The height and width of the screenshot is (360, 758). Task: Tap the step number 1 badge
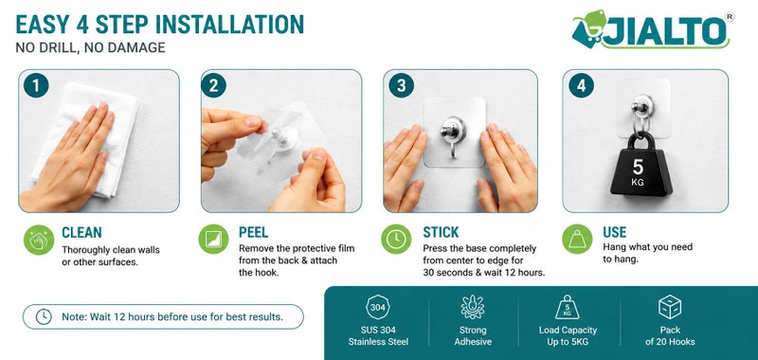click(x=36, y=86)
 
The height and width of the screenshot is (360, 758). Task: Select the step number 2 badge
click(x=214, y=86)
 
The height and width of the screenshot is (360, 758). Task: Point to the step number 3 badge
click(x=401, y=86)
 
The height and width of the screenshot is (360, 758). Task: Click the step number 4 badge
click(x=581, y=86)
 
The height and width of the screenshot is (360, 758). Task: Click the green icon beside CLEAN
click(x=39, y=240)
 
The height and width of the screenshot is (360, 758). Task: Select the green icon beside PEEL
click(x=213, y=239)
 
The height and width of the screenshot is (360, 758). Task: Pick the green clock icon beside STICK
click(x=396, y=239)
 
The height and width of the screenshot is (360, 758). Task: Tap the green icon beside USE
click(x=577, y=239)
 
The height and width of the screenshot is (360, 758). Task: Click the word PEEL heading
click(x=253, y=232)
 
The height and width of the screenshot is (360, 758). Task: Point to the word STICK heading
click(x=441, y=232)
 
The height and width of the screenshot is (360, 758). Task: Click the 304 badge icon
click(x=378, y=307)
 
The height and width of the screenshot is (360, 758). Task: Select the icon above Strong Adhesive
click(x=472, y=307)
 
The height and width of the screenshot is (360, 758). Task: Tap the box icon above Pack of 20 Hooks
click(x=670, y=307)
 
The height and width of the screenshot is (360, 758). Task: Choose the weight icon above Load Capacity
click(x=567, y=307)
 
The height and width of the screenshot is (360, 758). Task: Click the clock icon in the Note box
click(x=44, y=317)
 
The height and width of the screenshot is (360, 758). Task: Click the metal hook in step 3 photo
click(x=453, y=137)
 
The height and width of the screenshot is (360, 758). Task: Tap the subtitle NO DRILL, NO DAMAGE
click(x=90, y=47)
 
